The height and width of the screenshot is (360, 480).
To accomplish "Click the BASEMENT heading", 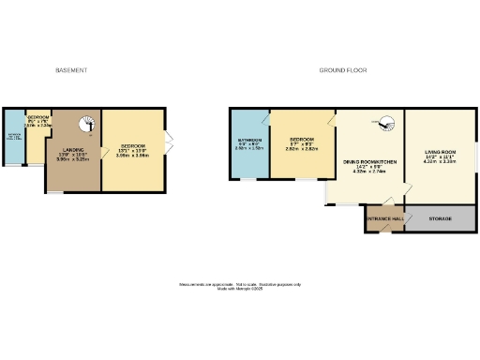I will click(71, 70).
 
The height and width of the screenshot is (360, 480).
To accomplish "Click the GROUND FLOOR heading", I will click(342, 70).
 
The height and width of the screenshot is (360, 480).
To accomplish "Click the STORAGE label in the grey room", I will click(441, 218).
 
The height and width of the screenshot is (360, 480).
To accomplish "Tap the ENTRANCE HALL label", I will click(384, 218).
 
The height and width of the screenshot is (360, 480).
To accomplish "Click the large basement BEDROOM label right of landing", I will click(133, 146).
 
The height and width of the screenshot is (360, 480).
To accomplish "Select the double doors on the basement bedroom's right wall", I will click(169, 141).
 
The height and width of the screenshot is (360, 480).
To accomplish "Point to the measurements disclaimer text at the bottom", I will click(240, 285).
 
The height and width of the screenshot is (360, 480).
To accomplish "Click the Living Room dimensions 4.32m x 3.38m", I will click(442, 161).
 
